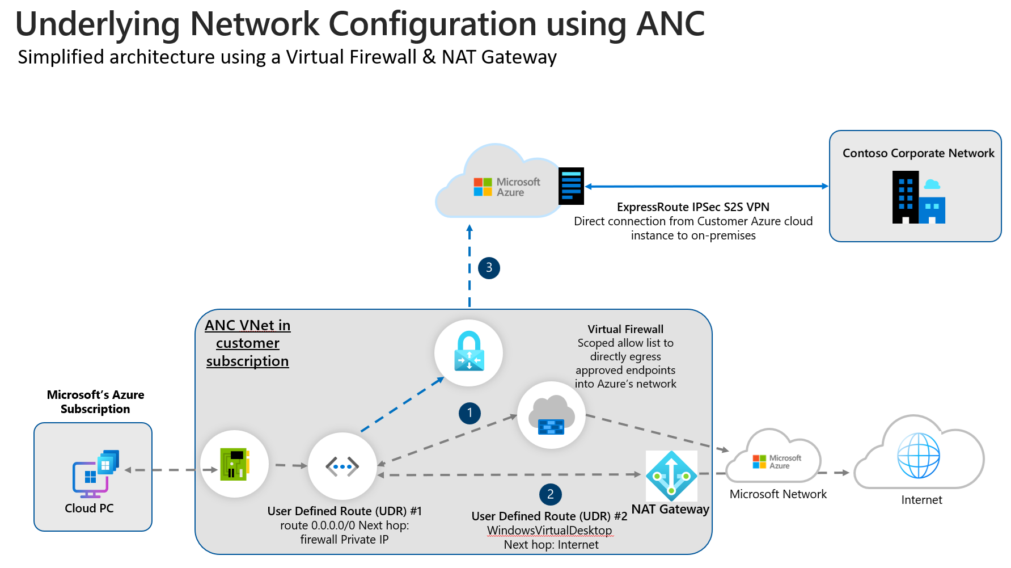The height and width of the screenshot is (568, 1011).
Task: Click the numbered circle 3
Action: click(489, 268)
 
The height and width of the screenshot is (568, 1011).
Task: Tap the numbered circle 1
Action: click(469, 413)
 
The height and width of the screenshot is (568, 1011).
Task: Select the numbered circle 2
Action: click(550, 494)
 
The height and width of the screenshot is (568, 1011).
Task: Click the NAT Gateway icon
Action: click(671, 476)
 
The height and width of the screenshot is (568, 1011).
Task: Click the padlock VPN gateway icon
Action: click(469, 352)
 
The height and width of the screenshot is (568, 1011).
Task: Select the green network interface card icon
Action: click(235, 464)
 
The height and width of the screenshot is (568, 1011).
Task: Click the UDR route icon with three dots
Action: click(342, 466)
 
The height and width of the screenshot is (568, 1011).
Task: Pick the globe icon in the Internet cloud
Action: click(919, 455)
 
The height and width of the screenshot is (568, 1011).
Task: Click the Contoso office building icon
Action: click(918, 197)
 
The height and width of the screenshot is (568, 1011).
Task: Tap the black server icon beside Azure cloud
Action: click(571, 186)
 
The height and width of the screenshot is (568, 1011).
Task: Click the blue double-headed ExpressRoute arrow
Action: click(706, 186)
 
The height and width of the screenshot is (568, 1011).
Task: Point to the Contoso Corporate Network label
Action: click(918, 153)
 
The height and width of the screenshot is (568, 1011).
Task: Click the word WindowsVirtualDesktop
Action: click(549, 531)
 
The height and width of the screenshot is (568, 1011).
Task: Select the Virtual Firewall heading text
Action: click(625, 329)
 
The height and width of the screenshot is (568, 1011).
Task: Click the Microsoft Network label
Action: click(778, 494)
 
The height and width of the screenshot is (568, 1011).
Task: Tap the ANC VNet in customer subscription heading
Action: click(248, 343)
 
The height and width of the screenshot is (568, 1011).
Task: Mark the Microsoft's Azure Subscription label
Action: click(95, 402)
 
